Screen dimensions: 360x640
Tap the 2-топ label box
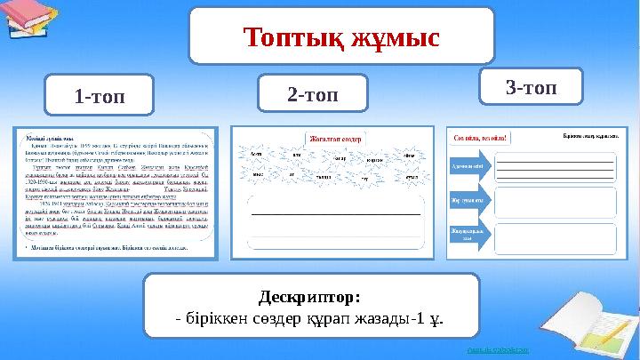pos(311,92)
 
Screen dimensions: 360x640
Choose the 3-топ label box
pos(530,87)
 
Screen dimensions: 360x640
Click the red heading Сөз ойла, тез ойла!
pos(481,138)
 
